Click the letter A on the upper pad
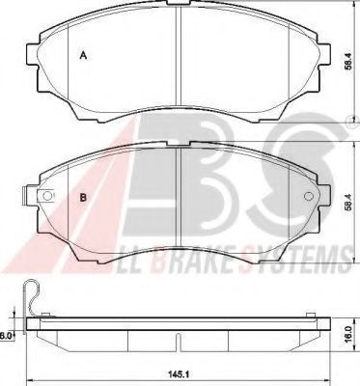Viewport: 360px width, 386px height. (x=83, y=56)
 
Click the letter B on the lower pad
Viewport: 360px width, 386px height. (x=83, y=198)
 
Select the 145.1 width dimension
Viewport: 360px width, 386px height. (x=178, y=373)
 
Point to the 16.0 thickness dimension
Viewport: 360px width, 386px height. (x=346, y=334)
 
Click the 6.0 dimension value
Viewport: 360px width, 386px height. (x=6, y=336)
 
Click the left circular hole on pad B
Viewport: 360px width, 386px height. (x=47, y=196)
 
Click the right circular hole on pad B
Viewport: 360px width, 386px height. (x=309, y=196)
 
